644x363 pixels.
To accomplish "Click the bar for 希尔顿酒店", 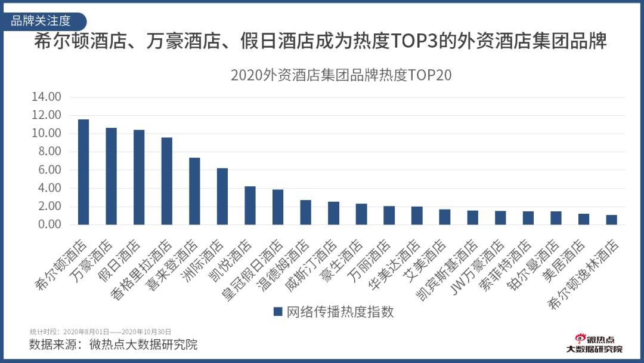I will (83, 172).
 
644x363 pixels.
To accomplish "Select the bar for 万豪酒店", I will (112, 176).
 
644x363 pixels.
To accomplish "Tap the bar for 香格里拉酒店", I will (167, 181).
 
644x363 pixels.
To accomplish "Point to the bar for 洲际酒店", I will (222, 196).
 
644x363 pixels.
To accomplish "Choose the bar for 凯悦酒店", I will (250, 205).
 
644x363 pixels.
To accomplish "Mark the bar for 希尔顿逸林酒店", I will (612, 220).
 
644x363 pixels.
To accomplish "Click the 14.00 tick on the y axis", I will (47, 97).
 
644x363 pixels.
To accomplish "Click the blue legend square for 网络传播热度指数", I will (277, 312).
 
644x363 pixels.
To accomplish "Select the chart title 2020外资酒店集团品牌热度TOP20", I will (341, 76).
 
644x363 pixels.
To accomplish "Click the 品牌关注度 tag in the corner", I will (42, 21).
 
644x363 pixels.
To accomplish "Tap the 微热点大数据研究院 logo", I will (594, 344).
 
